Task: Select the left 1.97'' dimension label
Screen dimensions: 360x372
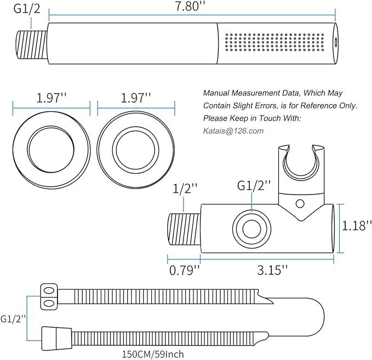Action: point(51,99)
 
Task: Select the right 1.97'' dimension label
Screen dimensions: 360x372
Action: point(136,99)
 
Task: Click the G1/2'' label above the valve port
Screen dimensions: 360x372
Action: point(253,186)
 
